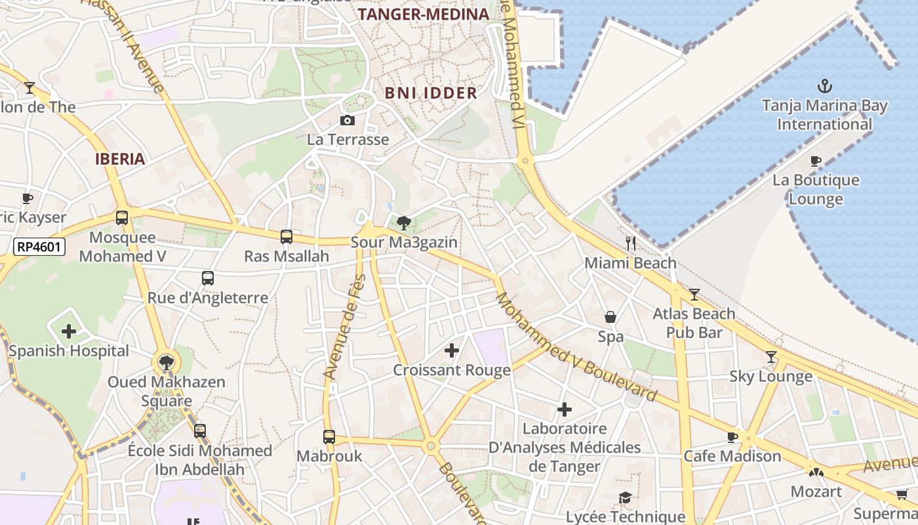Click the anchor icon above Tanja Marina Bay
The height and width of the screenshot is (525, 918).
[x=824, y=86]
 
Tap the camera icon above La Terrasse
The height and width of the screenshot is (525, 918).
[x=348, y=120]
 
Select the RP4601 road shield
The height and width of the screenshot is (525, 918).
[x=39, y=247]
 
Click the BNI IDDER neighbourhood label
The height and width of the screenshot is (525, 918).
[x=431, y=93]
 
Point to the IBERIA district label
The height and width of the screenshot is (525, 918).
[x=120, y=159]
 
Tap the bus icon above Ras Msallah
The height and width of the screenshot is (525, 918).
[x=287, y=236]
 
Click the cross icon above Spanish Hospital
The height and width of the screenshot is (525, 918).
[x=69, y=331]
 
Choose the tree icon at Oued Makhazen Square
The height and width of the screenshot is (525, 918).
[x=167, y=362]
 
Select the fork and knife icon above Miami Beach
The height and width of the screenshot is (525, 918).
[x=630, y=243]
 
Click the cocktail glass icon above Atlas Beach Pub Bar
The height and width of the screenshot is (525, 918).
[x=694, y=295]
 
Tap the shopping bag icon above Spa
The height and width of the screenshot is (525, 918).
[x=610, y=318]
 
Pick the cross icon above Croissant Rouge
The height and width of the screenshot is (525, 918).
[x=452, y=350]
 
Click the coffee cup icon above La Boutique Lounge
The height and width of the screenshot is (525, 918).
[x=816, y=161]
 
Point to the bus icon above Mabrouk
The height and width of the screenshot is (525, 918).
[x=329, y=436]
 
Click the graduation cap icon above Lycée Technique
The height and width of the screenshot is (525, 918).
[x=625, y=498]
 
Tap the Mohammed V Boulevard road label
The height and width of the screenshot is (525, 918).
[x=575, y=347]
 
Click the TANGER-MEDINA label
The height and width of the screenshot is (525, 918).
[x=424, y=14]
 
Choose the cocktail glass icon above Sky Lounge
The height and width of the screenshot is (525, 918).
[x=771, y=357]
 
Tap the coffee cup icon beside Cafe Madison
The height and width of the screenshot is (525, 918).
[x=732, y=436]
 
